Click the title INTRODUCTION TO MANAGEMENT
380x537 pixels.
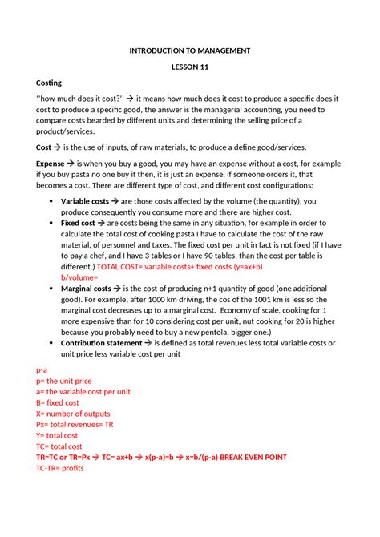tap(190, 50)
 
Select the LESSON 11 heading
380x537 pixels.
tap(190, 67)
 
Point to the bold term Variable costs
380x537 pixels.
tap(84, 200)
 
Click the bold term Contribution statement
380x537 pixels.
tap(101, 342)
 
